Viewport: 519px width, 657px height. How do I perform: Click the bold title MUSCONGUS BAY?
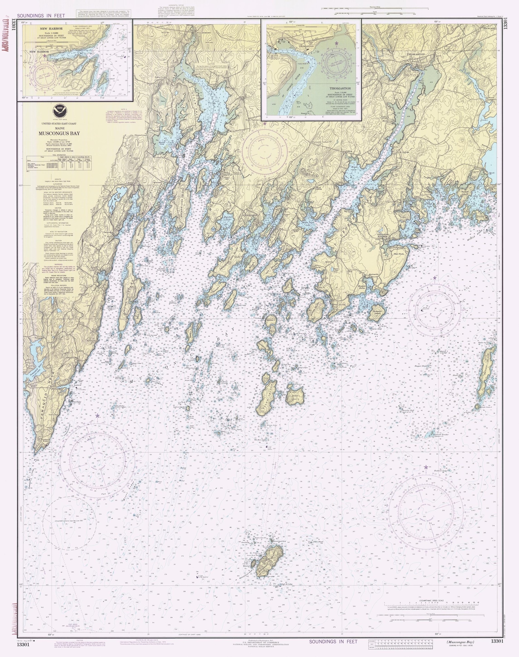(59, 133)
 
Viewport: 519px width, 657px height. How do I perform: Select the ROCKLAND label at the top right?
(490, 28)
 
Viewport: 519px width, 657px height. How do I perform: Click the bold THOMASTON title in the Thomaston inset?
(340, 89)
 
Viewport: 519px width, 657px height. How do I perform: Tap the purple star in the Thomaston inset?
(336, 43)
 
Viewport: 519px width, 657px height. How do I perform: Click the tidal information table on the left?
(59, 162)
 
